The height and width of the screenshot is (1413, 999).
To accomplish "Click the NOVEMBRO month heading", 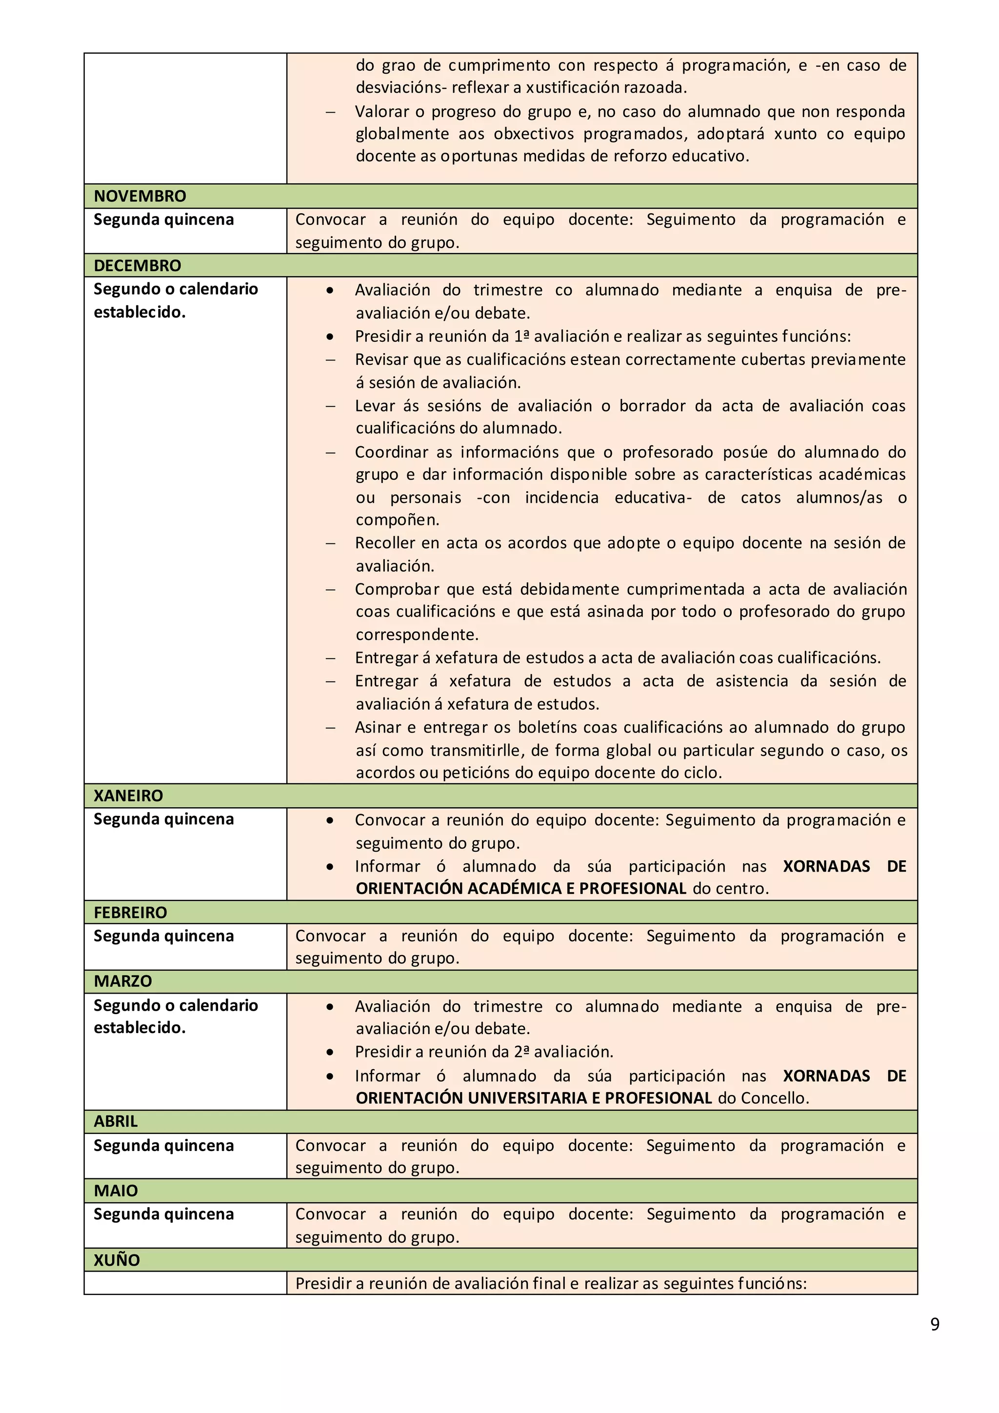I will pyautogui.click(x=140, y=197).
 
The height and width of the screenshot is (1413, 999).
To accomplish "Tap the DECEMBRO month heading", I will pyautogui.click(x=137, y=266).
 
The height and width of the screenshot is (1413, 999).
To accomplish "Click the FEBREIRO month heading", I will pyautogui.click(x=130, y=913).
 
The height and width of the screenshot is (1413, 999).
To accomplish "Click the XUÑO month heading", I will pyautogui.click(x=116, y=1260).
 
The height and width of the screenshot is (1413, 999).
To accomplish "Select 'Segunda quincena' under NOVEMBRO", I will pyautogui.click(x=164, y=219).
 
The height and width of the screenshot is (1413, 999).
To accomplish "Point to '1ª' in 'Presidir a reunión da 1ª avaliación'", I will pyautogui.click(x=521, y=337).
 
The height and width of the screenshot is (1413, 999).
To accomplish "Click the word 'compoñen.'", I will pyautogui.click(x=397, y=520).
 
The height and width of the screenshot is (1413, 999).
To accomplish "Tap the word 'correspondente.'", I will pyautogui.click(x=417, y=635).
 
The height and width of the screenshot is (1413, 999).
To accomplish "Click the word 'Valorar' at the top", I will pyautogui.click(x=381, y=112).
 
